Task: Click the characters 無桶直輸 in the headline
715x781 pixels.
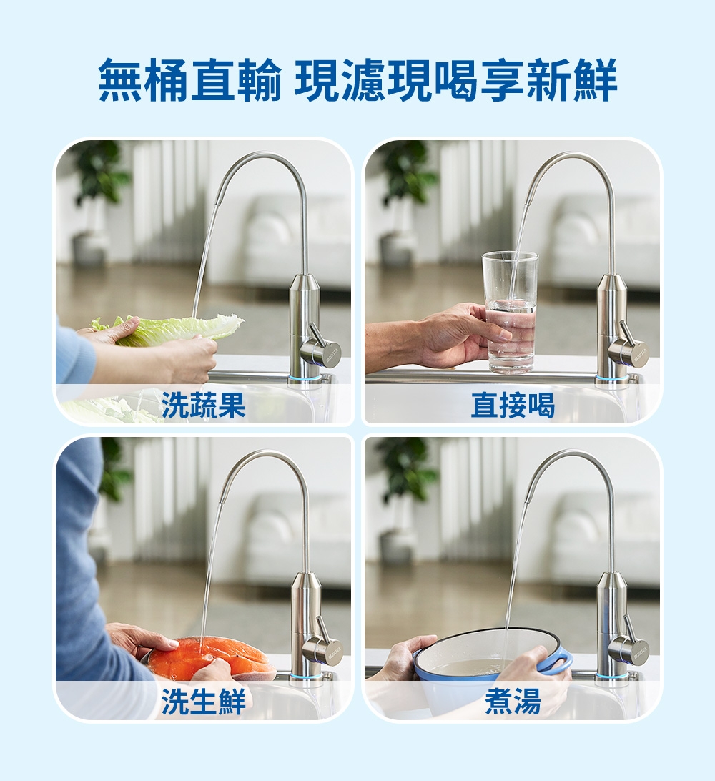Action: click(x=190, y=81)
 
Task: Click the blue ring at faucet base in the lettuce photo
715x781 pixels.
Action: click(x=305, y=377)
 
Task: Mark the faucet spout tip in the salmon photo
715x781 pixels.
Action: click(x=221, y=501)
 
